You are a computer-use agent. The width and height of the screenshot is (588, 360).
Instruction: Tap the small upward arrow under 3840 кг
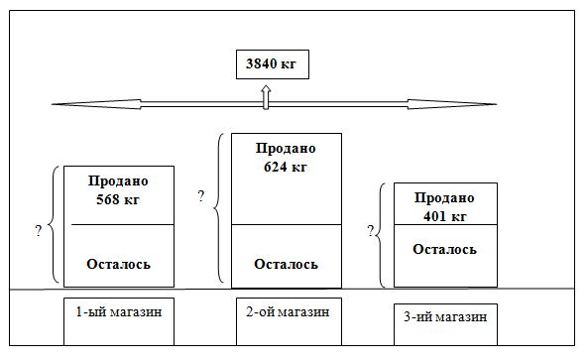tap(266, 95)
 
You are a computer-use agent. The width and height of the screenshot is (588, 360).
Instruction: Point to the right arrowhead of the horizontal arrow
tap(476, 103)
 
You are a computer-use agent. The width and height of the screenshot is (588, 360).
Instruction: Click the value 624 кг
tap(286, 167)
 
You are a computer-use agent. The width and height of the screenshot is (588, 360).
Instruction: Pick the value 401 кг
tap(443, 215)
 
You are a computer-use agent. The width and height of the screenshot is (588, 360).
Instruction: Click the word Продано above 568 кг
tap(118, 181)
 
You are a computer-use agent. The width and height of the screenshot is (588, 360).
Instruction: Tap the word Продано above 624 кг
tap(286, 149)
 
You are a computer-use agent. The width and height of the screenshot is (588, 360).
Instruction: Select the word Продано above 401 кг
tap(444, 198)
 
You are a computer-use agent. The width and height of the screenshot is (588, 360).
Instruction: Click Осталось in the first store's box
tap(118, 264)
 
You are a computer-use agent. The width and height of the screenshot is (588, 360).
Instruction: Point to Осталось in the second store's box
tap(286, 264)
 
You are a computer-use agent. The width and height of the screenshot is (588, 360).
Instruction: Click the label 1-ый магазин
tap(118, 312)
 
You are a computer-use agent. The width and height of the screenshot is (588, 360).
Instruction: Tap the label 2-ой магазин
tap(286, 312)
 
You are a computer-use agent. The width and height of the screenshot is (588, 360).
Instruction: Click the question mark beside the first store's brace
tap(38, 230)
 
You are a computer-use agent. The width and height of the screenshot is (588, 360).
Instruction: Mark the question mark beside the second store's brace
tap(201, 197)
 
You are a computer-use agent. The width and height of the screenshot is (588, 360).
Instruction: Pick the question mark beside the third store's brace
tap(371, 231)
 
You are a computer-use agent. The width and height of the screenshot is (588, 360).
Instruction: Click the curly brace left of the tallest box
tap(218, 208)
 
